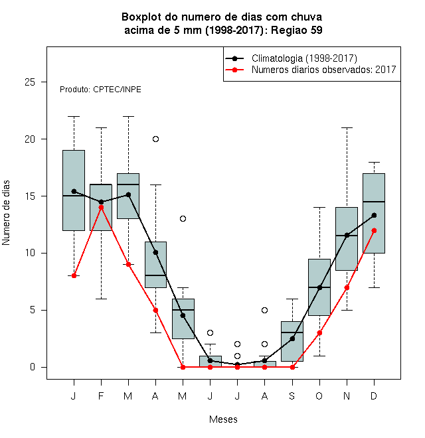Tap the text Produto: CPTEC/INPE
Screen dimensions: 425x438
coord(100,90)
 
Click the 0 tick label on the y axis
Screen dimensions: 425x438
coord(33,367)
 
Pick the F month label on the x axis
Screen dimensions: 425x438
coord(101,396)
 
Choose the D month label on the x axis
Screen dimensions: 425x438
coord(374,396)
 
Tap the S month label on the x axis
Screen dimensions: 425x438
coord(292,396)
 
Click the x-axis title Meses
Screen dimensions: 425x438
coord(223,419)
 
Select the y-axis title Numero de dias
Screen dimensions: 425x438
coord(6,213)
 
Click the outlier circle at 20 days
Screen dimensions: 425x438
coord(156,139)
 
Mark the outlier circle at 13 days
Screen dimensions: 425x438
coord(183,219)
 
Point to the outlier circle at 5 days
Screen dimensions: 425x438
coord(264,310)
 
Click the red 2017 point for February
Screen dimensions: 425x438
coord(101,207)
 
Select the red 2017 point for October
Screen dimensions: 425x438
coord(319,333)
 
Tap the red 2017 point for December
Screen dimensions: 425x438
coord(374,230)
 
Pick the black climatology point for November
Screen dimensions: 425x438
coord(347,235)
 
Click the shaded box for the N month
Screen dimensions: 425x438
coord(347,239)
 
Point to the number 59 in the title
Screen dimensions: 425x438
coord(316,30)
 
